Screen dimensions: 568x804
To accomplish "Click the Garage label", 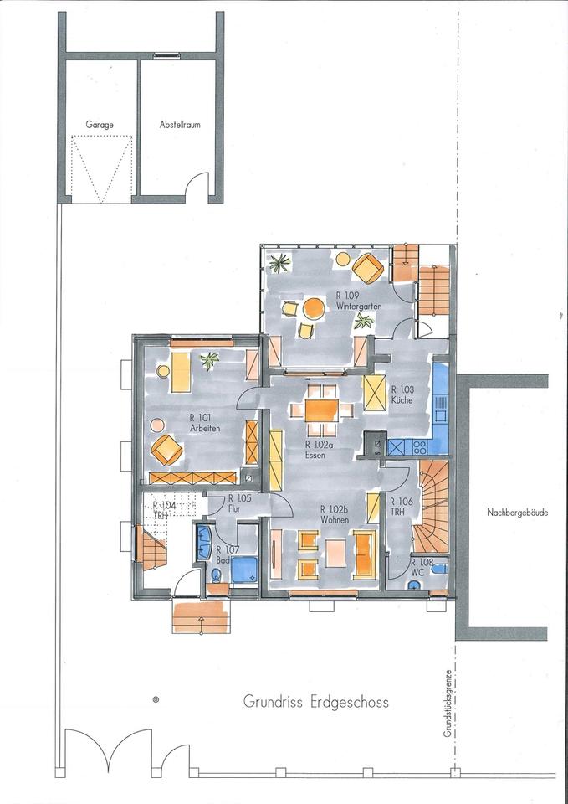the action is (100, 125).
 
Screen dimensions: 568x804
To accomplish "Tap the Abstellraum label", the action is (180, 125).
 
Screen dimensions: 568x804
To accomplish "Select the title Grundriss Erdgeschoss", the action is (316, 702).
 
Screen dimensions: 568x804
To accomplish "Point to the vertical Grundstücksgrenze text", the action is (448, 703).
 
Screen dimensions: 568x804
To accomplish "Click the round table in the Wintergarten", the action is (314, 309).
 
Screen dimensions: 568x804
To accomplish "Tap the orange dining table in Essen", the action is (322, 410).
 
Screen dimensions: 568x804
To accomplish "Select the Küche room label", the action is (402, 394).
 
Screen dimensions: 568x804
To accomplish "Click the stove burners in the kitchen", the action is (420, 447).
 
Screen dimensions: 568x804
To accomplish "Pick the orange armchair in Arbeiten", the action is (166, 450).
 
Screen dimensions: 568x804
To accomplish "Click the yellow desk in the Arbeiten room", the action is (181, 372).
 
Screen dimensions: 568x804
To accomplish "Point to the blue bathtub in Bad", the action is (204, 542).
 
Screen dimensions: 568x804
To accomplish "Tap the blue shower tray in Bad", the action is (244, 570).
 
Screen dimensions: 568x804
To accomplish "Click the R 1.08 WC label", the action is (418, 567).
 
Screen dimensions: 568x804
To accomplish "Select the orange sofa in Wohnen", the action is (365, 554).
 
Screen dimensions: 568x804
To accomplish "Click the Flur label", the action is (236, 509).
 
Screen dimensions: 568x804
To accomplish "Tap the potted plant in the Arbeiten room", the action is (209, 360).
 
